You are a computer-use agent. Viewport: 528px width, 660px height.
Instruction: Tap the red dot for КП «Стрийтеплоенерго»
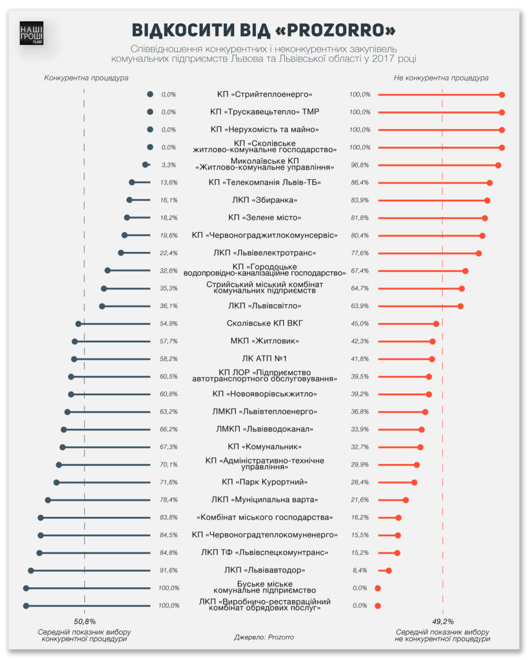coord(502,95)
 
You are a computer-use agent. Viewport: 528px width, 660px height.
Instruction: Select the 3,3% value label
coord(168,165)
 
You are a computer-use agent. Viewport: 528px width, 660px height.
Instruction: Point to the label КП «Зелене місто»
coord(264,217)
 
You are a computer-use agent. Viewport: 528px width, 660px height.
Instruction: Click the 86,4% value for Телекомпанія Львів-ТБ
coord(360,182)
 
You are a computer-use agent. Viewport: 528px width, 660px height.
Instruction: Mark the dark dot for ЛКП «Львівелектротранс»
coord(121,253)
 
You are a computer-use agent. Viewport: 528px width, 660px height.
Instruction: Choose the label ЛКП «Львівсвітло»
coord(264,306)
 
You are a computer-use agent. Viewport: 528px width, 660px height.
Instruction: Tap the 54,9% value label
coord(168,324)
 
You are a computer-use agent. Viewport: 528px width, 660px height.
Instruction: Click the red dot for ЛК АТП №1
coord(432,359)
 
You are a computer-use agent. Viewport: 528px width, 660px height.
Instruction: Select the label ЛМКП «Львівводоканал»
coord(264,429)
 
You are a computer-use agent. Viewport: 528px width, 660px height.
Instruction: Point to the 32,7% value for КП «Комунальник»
coord(360,447)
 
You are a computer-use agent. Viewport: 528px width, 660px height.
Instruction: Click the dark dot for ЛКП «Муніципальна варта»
coord(48,500)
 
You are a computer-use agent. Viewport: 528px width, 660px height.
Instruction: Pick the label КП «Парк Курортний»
coord(264,482)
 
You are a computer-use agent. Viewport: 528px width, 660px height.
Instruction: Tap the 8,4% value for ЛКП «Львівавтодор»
coord(360,570)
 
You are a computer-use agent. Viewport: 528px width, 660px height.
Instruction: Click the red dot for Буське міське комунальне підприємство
coord(378,588)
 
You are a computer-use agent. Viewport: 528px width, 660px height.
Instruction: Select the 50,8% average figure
coord(84,621)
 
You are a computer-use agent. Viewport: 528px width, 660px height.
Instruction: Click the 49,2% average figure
coord(442,621)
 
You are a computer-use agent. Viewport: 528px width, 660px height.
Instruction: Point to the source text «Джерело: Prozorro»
coord(264,637)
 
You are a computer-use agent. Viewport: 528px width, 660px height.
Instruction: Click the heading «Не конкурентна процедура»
coord(441,77)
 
